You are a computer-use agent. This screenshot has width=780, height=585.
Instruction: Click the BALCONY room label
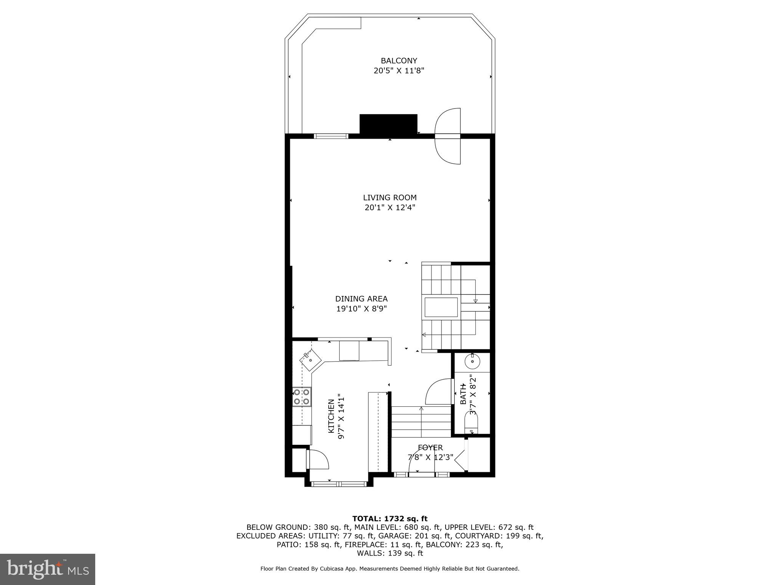(x=399, y=61)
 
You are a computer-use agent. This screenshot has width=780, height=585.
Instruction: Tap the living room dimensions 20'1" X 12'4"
(x=390, y=208)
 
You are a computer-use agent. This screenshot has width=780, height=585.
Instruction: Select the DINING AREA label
(x=361, y=299)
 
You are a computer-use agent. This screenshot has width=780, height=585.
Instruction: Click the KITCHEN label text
(x=331, y=416)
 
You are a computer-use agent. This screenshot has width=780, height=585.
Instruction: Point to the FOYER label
(x=430, y=448)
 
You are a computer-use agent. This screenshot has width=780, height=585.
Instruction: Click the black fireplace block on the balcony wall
(x=388, y=124)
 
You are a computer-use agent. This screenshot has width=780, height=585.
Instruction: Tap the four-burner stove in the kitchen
(x=302, y=396)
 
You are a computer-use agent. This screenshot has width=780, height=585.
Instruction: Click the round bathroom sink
(x=472, y=361)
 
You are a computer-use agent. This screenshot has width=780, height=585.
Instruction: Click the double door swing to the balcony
(x=448, y=136)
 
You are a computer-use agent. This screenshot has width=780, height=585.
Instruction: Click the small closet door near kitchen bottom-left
(x=318, y=459)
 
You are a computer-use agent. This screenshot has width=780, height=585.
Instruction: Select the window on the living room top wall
(x=331, y=136)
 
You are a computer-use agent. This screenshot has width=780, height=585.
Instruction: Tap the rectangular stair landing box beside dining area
(x=441, y=307)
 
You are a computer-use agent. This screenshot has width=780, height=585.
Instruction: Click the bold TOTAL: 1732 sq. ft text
(x=390, y=518)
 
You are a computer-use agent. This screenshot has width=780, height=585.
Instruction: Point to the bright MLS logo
(x=48, y=569)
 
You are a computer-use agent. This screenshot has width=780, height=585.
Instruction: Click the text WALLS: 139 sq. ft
(x=390, y=553)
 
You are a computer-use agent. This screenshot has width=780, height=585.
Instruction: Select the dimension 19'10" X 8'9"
(x=361, y=309)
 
